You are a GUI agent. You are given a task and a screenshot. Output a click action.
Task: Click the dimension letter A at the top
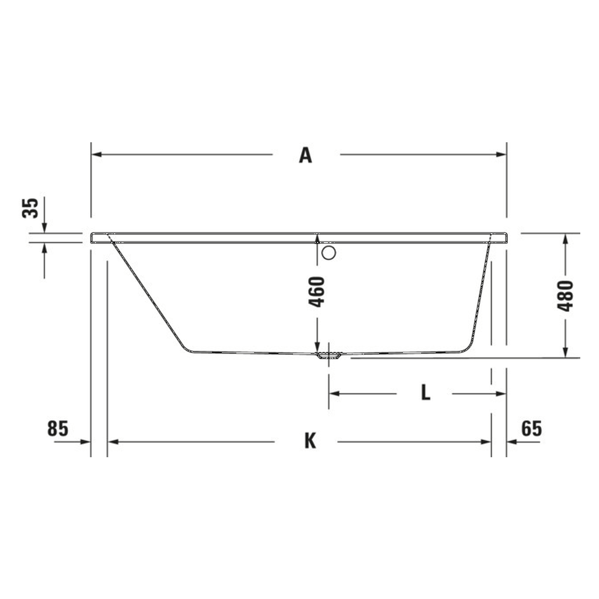(x=305, y=155)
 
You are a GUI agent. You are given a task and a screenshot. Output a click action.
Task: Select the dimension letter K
(x=310, y=441)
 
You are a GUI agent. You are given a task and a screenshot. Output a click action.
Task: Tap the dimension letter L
(x=425, y=393)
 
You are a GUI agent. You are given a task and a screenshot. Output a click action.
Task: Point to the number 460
(x=317, y=292)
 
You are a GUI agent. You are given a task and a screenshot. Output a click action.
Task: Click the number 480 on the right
(x=565, y=296)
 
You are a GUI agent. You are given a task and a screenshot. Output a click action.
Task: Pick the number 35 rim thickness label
(x=30, y=208)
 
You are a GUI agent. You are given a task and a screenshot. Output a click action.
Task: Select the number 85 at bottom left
(x=58, y=428)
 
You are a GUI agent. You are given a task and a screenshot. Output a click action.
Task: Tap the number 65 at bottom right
(x=531, y=428)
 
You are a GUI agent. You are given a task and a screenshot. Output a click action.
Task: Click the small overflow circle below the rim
(x=329, y=253)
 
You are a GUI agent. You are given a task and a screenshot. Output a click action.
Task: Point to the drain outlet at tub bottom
(x=329, y=356)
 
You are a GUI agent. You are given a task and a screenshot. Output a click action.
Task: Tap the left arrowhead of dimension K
(x=113, y=441)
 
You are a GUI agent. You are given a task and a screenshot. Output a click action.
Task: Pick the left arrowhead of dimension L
(x=334, y=394)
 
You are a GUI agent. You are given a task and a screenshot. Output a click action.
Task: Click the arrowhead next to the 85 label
(x=85, y=441)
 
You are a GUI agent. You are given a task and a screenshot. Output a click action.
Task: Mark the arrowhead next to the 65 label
(x=511, y=441)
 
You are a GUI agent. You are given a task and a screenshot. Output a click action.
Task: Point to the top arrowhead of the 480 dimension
(x=565, y=238)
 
